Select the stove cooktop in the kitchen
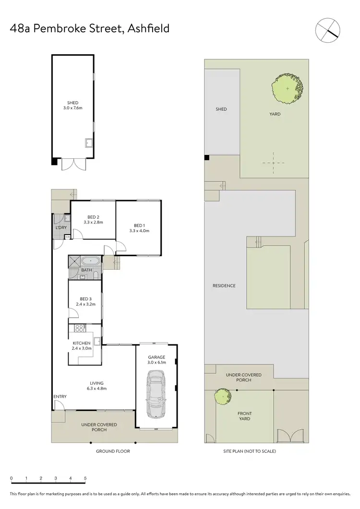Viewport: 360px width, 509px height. click(x=79, y=330)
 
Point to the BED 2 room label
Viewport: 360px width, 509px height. click(x=93, y=217)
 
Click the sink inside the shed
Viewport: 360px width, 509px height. click(x=89, y=142)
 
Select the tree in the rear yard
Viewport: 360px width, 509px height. click(x=287, y=88)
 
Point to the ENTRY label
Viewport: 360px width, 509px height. click(x=60, y=396)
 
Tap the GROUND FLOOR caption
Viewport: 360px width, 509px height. click(x=113, y=451)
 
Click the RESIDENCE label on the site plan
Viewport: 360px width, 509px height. click(x=224, y=286)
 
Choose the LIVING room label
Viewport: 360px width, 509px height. click(x=97, y=383)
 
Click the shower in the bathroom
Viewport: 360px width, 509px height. click(x=74, y=261)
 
